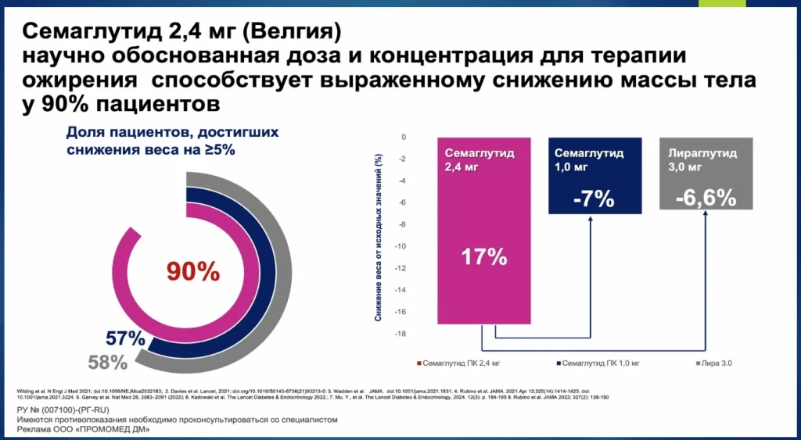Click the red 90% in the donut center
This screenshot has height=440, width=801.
pyautogui.click(x=192, y=270)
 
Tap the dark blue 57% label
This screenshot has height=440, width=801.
pyautogui.click(x=125, y=339)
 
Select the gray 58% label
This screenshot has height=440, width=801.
pyautogui.click(x=106, y=362)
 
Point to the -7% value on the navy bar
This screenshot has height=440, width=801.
pyautogui.click(x=592, y=199)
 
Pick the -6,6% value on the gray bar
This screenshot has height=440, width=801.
pyautogui.click(x=708, y=197)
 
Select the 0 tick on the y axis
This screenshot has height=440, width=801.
pyautogui.click(x=404, y=137)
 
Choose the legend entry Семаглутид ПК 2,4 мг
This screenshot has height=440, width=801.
pyautogui.click(x=462, y=363)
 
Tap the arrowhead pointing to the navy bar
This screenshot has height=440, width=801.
pyautogui.click(x=591, y=221)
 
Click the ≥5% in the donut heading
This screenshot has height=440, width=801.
pyautogui.click(x=215, y=149)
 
